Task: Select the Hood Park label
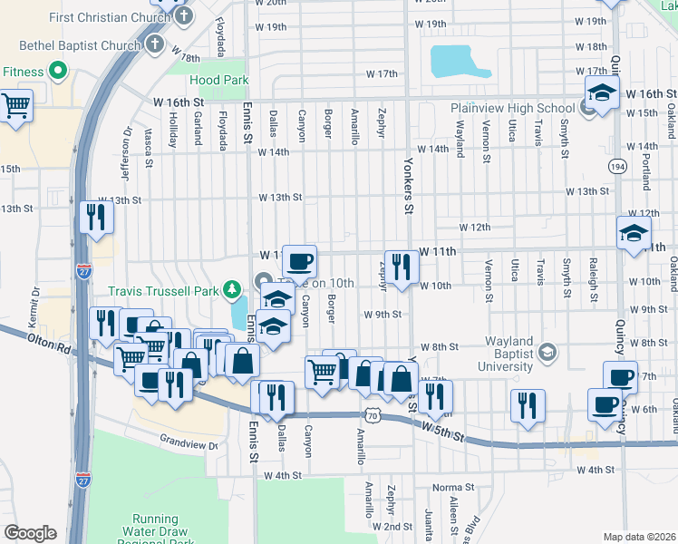click(x=219, y=80)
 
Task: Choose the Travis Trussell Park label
click(x=164, y=291)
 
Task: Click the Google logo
click(x=30, y=533)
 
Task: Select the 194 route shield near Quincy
click(x=617, y=167)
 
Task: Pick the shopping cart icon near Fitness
click(x=16, y=105)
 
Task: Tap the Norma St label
click(x=454, y=487)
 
